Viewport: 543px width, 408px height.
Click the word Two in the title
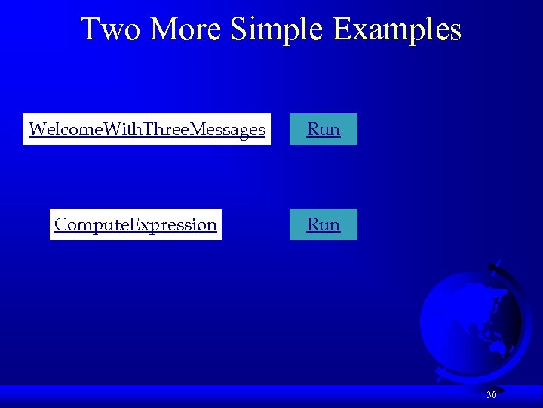click(112, 29)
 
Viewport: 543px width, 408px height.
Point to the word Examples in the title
click(398, 29)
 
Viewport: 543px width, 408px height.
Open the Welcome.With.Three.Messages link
click(146, 129)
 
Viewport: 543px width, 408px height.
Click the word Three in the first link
click(167, 129)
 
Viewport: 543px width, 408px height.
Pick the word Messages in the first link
click(229, 129)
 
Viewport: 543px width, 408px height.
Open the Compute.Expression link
click(136, 224)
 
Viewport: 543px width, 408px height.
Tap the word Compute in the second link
click(91, 224)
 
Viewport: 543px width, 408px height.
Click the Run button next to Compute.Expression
click(323, 224)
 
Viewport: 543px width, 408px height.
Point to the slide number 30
click(491, 395)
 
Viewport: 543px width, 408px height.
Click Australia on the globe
click(499, 347)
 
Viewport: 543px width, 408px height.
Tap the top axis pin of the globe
click(494, 267)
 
